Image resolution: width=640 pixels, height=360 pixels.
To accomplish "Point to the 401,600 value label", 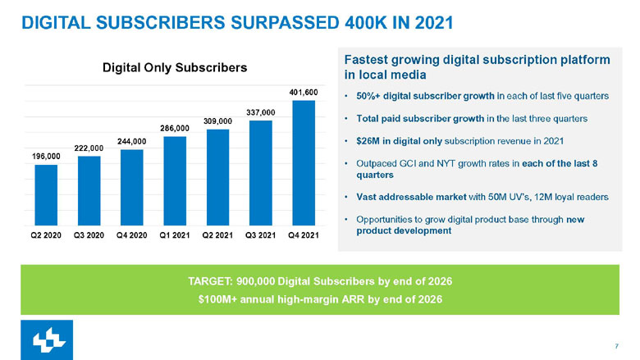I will pyautogui.click(x=304, y=93).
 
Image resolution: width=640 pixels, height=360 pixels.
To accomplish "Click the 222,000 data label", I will pyautogui.click(x=89, y=148).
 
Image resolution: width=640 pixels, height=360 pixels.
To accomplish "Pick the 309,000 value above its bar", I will pyautogui.click(x=217, y=121).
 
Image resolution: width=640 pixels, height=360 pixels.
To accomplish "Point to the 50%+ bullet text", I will pyautogui.click(x=368, y=96).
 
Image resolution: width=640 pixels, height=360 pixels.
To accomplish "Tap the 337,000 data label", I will pyautogui.click(x=260, y=111).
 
